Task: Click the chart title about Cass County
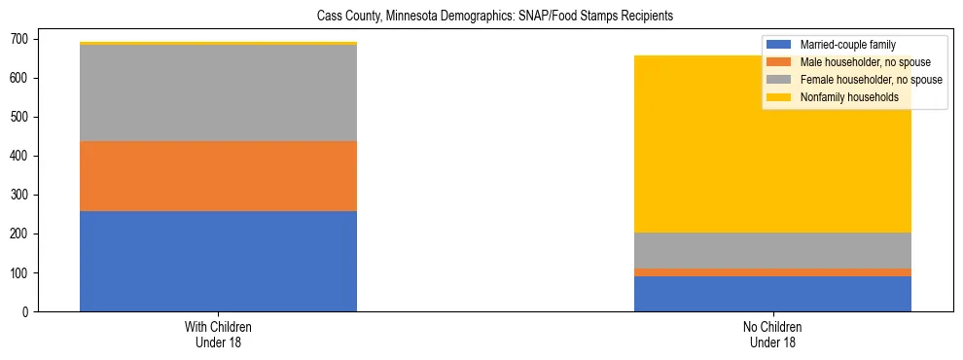point(495,17)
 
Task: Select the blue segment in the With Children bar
point(218,261)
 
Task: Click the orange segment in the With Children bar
point(218,176)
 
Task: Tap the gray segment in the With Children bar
point(218,93)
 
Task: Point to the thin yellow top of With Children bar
point(218,43)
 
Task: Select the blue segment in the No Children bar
point(772,294)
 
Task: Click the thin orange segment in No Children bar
point(772,272)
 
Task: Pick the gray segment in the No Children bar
point(772,250)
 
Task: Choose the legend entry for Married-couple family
point(847,45)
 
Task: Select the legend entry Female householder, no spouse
point(871,80)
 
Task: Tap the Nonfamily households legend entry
point(849,97)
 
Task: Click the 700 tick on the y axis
point(18,39)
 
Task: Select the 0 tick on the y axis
point(25,312)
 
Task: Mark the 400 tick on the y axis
point(18,156)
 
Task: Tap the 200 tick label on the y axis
point(18,234)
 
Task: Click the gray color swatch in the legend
point(779,80)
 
